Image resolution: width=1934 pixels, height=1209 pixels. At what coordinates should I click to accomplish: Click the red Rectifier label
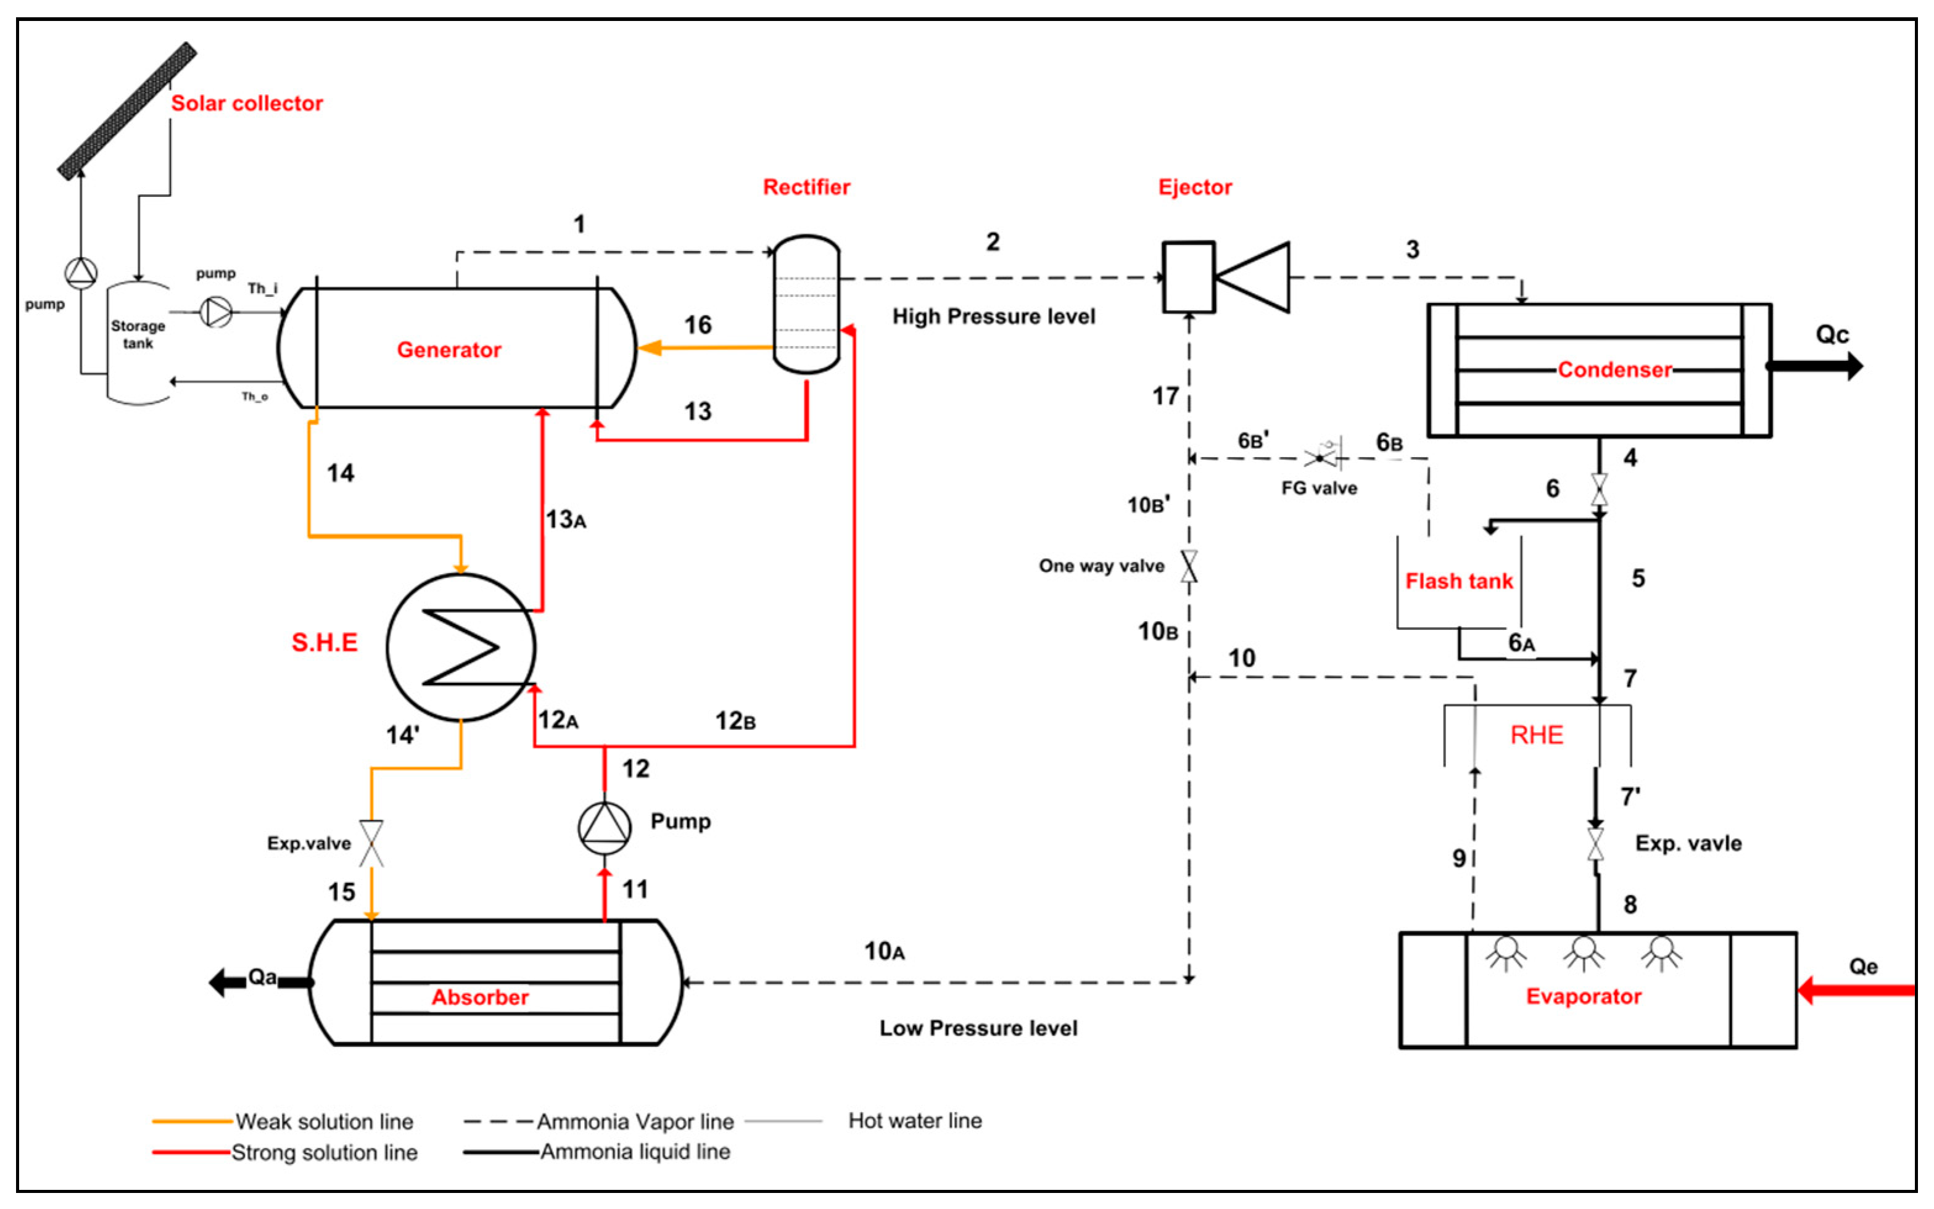click(x=806, y=187)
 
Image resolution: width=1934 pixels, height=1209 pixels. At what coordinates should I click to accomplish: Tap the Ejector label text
click(x=1194, y=187)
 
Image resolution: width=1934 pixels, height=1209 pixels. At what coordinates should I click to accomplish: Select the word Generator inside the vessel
click(x=448, y=349)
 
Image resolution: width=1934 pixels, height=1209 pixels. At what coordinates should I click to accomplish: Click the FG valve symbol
click(x=1324, y=456)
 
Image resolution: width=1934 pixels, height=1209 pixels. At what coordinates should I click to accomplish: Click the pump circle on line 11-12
click(x=605, y=828)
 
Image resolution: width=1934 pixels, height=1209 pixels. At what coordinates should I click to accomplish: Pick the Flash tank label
click(x=1459, y=581)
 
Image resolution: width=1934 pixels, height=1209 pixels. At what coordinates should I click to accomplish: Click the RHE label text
click(x=1536, y=735)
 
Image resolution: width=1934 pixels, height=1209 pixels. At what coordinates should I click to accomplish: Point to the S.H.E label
click(x=324, y=642)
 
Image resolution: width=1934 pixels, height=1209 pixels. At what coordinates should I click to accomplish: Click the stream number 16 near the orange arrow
click(x=697, y=324)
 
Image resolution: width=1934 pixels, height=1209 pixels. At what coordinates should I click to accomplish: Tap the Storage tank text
click(x=138, y=334)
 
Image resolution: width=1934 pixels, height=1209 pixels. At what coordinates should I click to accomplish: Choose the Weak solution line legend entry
click(x=324, y=1121)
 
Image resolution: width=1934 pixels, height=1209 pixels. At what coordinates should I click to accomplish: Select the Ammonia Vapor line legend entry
click(x=635, y=1121)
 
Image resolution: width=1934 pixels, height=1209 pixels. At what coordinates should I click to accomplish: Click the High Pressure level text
click(x=993, y=316)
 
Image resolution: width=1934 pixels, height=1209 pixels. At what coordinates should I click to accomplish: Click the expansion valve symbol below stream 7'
click(x=1596, y=844)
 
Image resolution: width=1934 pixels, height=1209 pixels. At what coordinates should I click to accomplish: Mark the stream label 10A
click(x=884, y=951)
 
